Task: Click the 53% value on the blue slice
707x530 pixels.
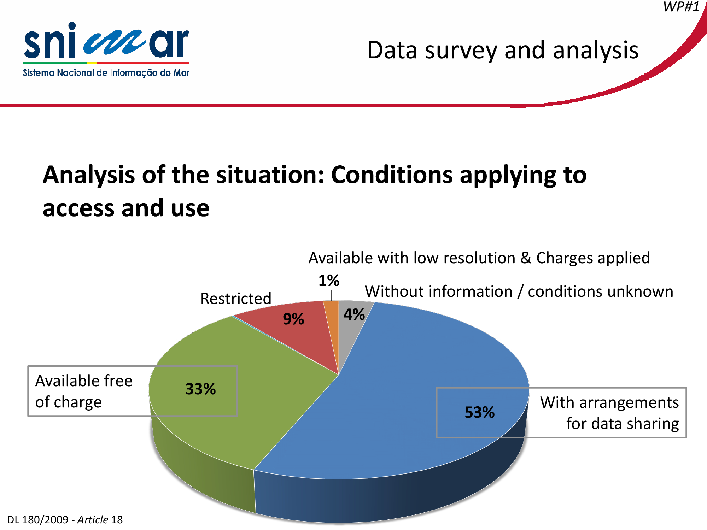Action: (x=480, y=412)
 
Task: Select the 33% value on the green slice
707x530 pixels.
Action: (x=200, y=389)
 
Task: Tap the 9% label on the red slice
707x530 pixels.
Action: (x=293, y=319)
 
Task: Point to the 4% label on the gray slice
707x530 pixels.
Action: (x=354, y=314)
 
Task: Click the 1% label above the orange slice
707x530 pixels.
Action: (x=329, y=281)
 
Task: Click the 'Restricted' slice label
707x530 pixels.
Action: (x=236, y=299)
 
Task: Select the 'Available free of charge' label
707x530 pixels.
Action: (x=84, y=391)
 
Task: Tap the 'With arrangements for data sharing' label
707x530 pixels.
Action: (x=609, y=413)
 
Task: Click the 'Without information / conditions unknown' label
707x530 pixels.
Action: (x=519, y=292)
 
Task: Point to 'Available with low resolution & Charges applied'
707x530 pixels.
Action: (x=479, y=258)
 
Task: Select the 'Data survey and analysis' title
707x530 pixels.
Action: (x=503, y=51)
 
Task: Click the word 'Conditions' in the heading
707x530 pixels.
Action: (x=392, y=175)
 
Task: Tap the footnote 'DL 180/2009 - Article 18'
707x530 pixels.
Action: (x=65, y=520)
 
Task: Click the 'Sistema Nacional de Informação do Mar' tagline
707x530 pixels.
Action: (x=106, y=73)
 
